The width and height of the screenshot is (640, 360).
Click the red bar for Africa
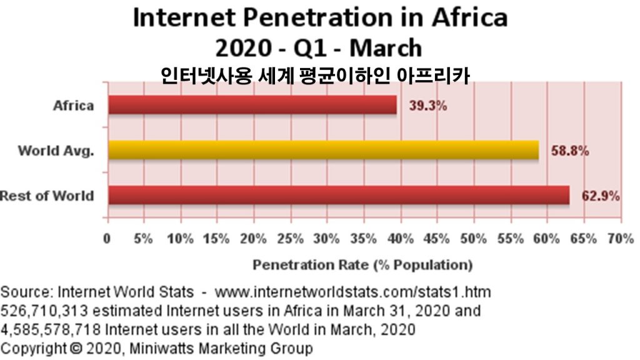point(252,105)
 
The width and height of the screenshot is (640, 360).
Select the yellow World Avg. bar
point(323,150)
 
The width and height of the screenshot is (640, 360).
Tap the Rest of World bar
point(338,195)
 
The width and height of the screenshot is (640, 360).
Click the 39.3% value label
point(428,106)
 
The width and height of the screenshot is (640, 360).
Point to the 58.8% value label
point(569,151)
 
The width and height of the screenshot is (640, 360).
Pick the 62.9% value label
point(601,196)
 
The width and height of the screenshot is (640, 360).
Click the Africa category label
point(73,105)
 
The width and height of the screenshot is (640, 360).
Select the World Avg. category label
point(56,151)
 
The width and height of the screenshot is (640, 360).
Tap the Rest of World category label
point(47,196)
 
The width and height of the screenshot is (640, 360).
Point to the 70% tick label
point(620,239)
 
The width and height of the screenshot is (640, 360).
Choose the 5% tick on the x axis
point(144,239)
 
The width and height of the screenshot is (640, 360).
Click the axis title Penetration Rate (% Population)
point(362,265)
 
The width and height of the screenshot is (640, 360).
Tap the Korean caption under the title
point(315,75)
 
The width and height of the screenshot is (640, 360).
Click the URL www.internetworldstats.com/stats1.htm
point(353,292)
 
